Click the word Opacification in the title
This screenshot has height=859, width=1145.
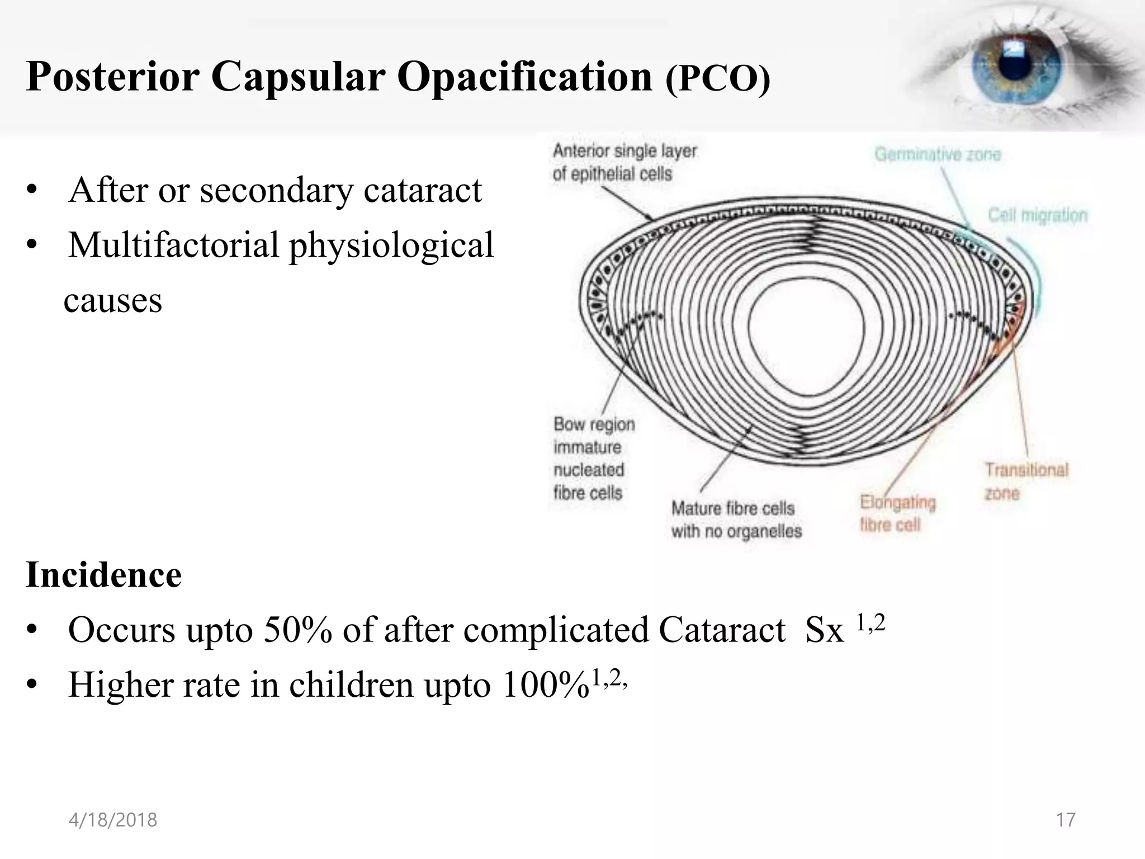[524, 77]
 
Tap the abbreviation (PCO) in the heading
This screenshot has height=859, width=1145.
[718, 79]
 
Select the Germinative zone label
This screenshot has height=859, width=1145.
[937, 154]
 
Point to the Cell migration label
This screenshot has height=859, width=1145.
[1038, 215]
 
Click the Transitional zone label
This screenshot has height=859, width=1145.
[1025, 481]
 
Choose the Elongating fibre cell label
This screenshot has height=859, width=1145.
[897, 513]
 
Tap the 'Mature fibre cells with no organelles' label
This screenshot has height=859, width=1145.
[736, 520]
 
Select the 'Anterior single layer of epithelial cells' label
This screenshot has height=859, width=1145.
[624, 162]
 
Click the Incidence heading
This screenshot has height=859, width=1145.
[103, 575]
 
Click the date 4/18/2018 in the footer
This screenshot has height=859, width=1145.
[112, 820]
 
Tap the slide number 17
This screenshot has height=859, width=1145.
[1065, 820]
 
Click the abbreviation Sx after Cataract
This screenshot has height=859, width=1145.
[824, 630]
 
